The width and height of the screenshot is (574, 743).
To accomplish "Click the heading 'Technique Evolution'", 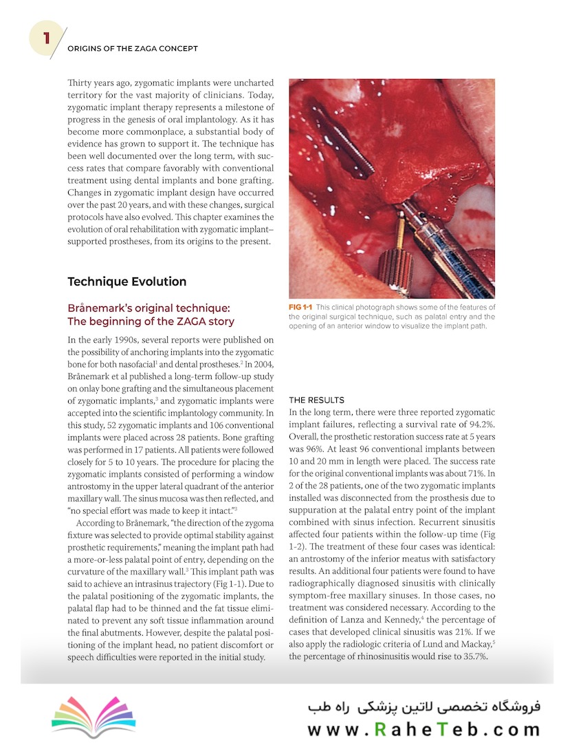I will [x=126, y=281].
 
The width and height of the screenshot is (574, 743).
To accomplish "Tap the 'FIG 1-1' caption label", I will [x=301, y=308].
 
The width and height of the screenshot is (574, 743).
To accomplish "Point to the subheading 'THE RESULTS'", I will [x=316, y=400].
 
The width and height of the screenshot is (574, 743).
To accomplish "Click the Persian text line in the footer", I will [x=424, y=707].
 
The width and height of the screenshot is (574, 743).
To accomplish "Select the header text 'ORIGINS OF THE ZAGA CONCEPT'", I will [x=133, y=49].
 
